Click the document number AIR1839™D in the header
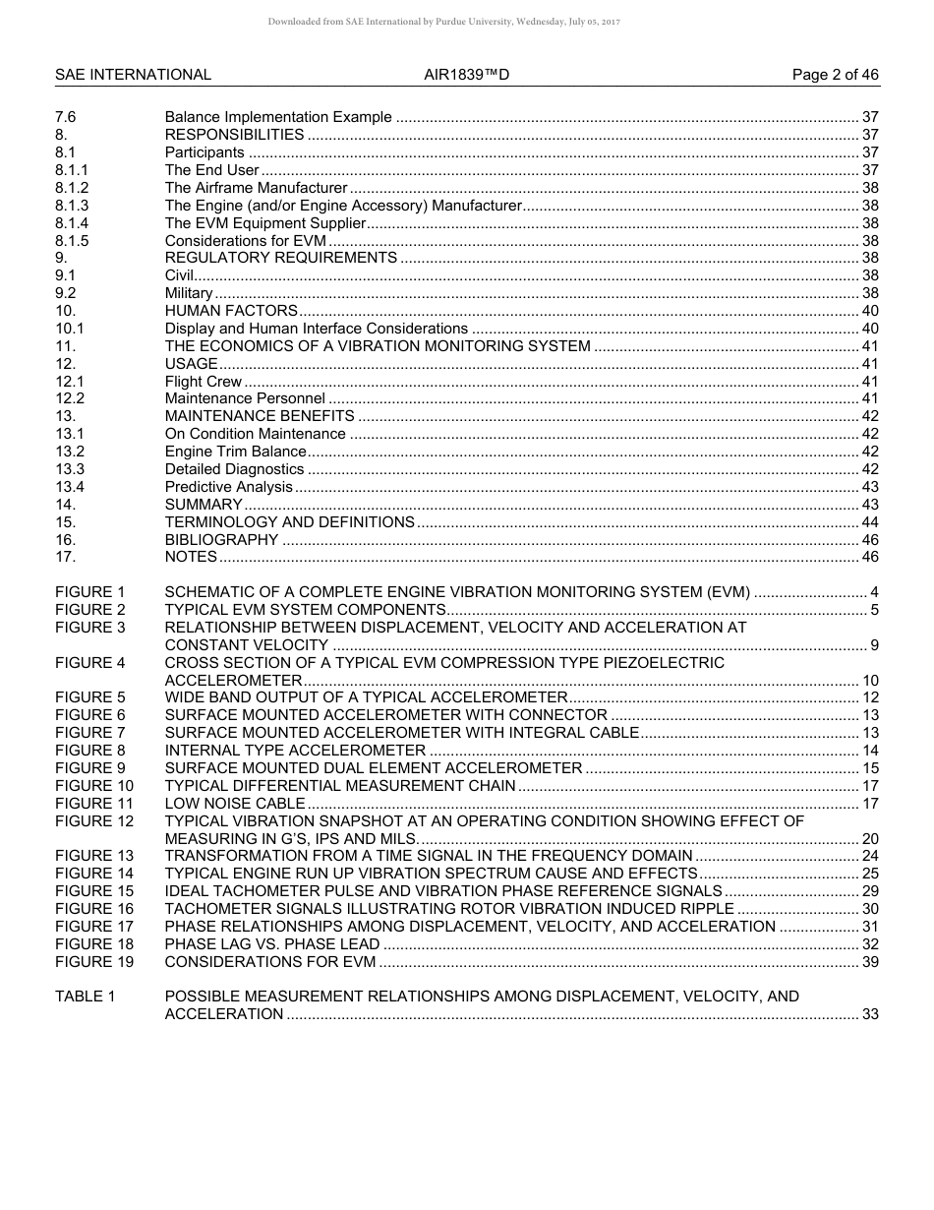point(467,75)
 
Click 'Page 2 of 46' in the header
point(836,75)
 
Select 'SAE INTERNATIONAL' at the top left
point(133,75)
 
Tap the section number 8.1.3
point(72,206)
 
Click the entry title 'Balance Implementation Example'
point(278,117)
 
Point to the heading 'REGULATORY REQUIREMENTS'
point(281,258)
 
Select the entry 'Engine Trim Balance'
point(236,452)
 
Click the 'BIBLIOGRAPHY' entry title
point(222,540)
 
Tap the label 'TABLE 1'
point(86,997)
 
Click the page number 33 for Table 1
point(870,1014)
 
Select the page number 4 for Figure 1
point(874,592)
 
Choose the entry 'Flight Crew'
point(204,382)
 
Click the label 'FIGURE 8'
point(90,751)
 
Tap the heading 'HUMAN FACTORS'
point(231,311)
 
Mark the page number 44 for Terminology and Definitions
point(870,522)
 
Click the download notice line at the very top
point(443,21)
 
